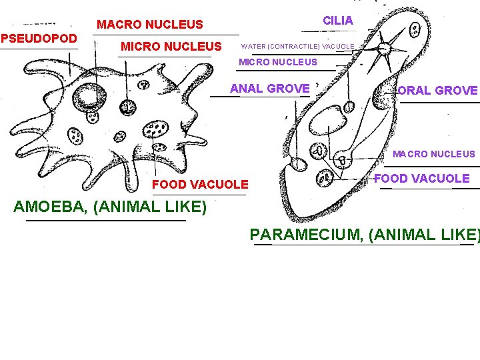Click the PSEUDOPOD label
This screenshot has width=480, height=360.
[x=39, y=38]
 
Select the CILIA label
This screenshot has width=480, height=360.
[x=338, y=21]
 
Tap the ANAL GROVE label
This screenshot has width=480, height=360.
[x=269, y=89]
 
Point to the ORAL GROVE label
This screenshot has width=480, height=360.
[x=437, y=91]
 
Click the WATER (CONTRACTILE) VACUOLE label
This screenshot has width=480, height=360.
[x=298, y=47]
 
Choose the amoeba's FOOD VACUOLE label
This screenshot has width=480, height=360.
[x=200, y=185]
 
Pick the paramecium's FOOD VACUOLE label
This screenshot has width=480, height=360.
[x=422, y=178]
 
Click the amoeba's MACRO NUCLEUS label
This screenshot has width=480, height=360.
[x=150, y=25]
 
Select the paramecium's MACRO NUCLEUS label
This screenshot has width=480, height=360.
[x=433, y=154]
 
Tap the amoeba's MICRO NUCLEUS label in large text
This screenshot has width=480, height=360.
[x=171, y=47]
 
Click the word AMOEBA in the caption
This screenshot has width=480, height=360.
[x=51, y=207]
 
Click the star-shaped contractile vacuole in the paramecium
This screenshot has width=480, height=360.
[x=385, y=49]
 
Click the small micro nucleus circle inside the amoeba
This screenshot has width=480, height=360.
[x=127, y=107]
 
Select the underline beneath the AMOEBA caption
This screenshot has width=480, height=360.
[x=105, y=220]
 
